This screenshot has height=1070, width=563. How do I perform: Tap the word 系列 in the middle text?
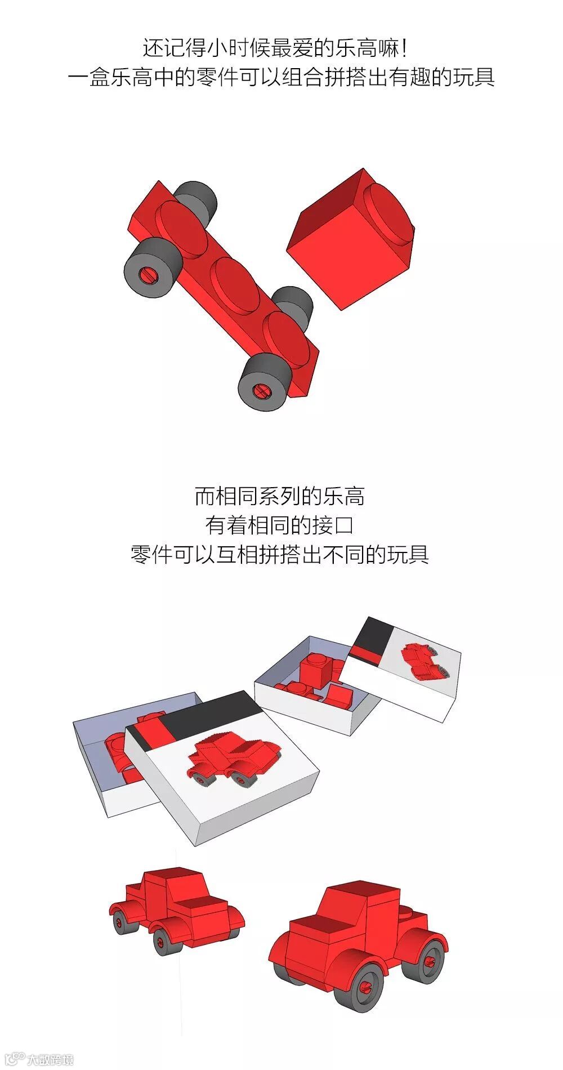(x=279, y=496)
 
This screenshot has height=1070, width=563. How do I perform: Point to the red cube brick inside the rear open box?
(x=318, y=669)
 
